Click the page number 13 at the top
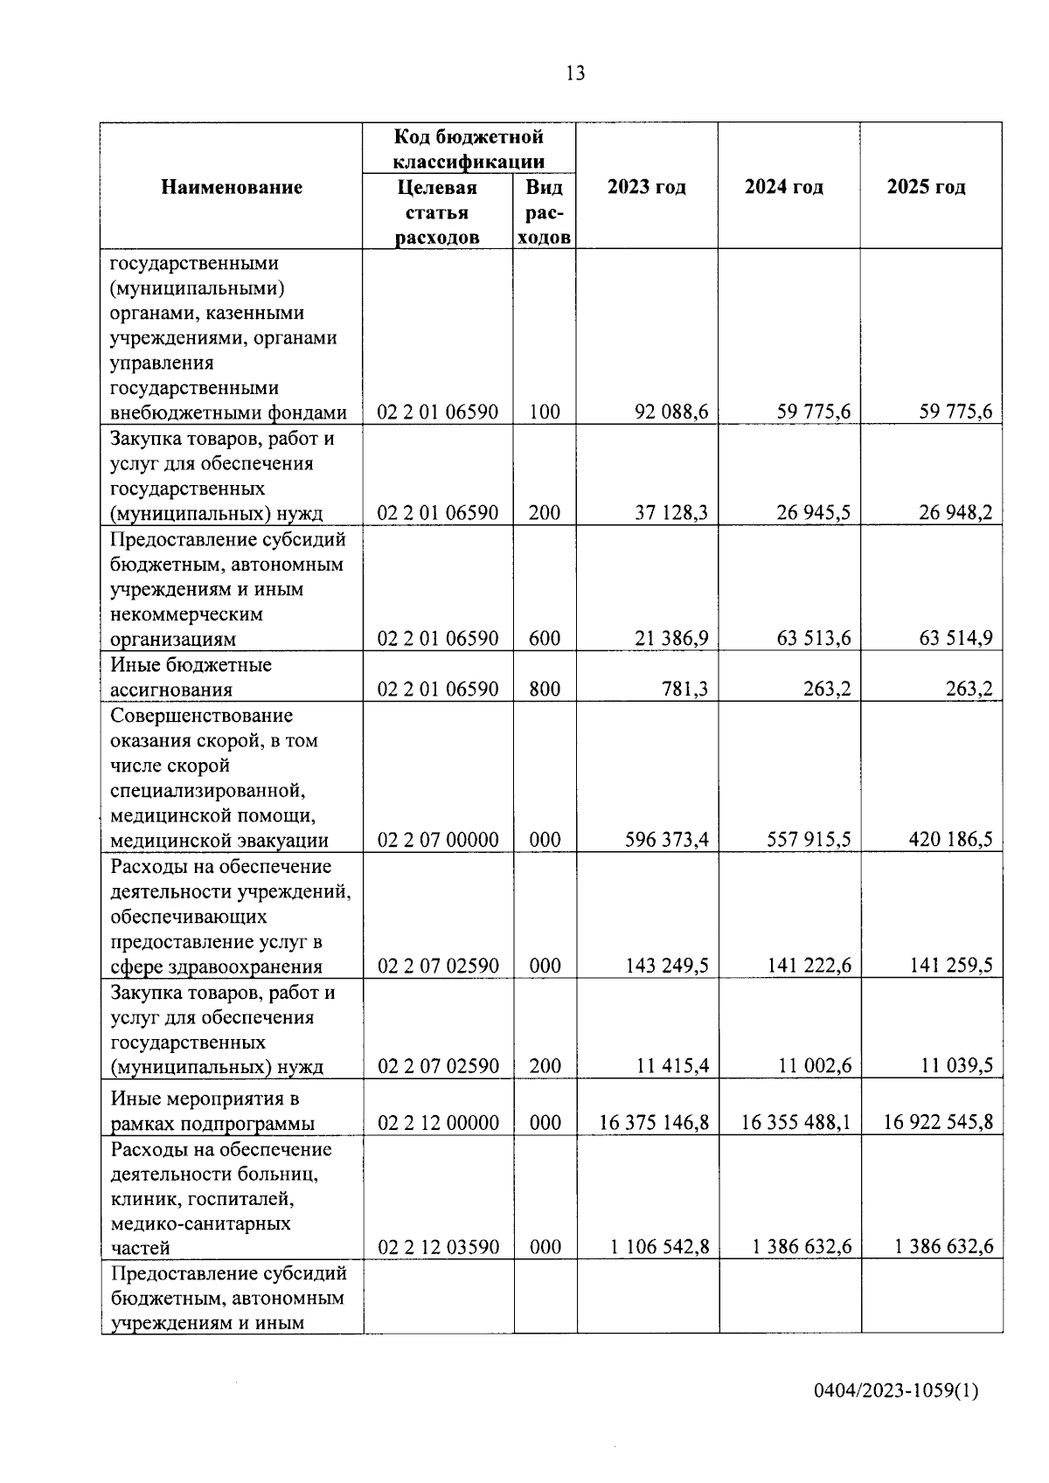[575, 73]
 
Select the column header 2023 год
[647, 187]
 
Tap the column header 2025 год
[927, 187]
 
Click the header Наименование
[232, 187]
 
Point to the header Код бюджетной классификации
[469, 149]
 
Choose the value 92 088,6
[671, 412]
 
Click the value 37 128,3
[671, 513]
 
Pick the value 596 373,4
[667, 841]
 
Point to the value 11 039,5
[955, 1066]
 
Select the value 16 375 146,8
[654, 1122]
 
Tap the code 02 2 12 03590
[438, 1247]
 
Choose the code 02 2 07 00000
[438, 841]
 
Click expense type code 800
[545, 690]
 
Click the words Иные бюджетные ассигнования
[191, 677]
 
